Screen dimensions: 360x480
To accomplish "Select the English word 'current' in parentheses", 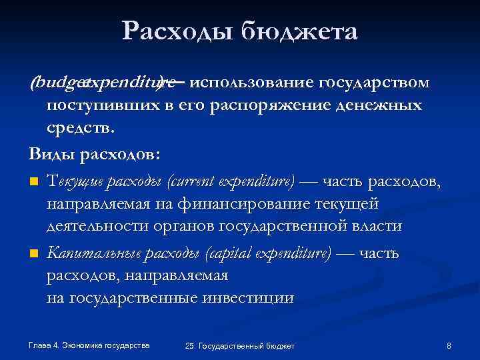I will point(197,179).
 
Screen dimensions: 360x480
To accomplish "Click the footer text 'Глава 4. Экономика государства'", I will point(89,345).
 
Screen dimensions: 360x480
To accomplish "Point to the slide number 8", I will point(449,345).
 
